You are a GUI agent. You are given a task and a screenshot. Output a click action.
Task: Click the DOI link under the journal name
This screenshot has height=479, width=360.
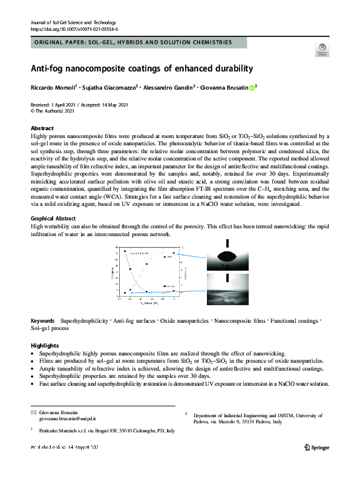point(74,29)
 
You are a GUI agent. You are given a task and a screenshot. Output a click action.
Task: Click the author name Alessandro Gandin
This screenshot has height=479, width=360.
point(168,87)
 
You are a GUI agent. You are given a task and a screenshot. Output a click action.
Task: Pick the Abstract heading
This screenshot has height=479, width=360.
point(42,128)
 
